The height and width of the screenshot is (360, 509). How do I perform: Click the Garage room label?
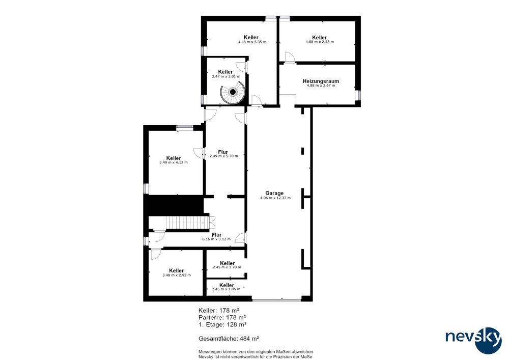pos(274,193)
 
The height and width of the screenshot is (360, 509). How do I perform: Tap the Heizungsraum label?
pos(321,81)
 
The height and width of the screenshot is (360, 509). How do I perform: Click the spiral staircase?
pos(233,93)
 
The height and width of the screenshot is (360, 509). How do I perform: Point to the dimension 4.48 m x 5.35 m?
pos(252,42)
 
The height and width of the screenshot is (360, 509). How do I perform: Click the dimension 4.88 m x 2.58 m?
pos(320,42)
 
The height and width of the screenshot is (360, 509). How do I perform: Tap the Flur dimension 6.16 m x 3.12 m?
pos(216,239)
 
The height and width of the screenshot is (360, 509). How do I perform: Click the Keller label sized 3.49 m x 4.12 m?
pos(174,158)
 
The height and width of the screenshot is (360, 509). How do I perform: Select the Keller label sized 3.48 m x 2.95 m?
pos(176,270)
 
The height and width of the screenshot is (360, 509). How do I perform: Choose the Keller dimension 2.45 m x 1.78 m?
pos(227,267)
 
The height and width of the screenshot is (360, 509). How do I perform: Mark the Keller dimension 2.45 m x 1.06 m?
pos(226,289)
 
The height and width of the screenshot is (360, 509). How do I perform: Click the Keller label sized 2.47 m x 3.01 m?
pos(225,72)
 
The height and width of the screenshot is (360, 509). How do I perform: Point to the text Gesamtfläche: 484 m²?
pos(229,339)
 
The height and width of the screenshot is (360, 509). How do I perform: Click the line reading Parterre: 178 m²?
pos(222,317)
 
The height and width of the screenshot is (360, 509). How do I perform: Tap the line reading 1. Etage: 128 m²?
pos(222,324)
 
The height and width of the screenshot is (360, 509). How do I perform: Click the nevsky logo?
pos(473,340)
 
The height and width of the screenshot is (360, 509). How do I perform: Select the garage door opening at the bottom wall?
pos(276,300)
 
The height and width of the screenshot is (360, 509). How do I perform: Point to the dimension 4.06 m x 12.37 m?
pos(275,198)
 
